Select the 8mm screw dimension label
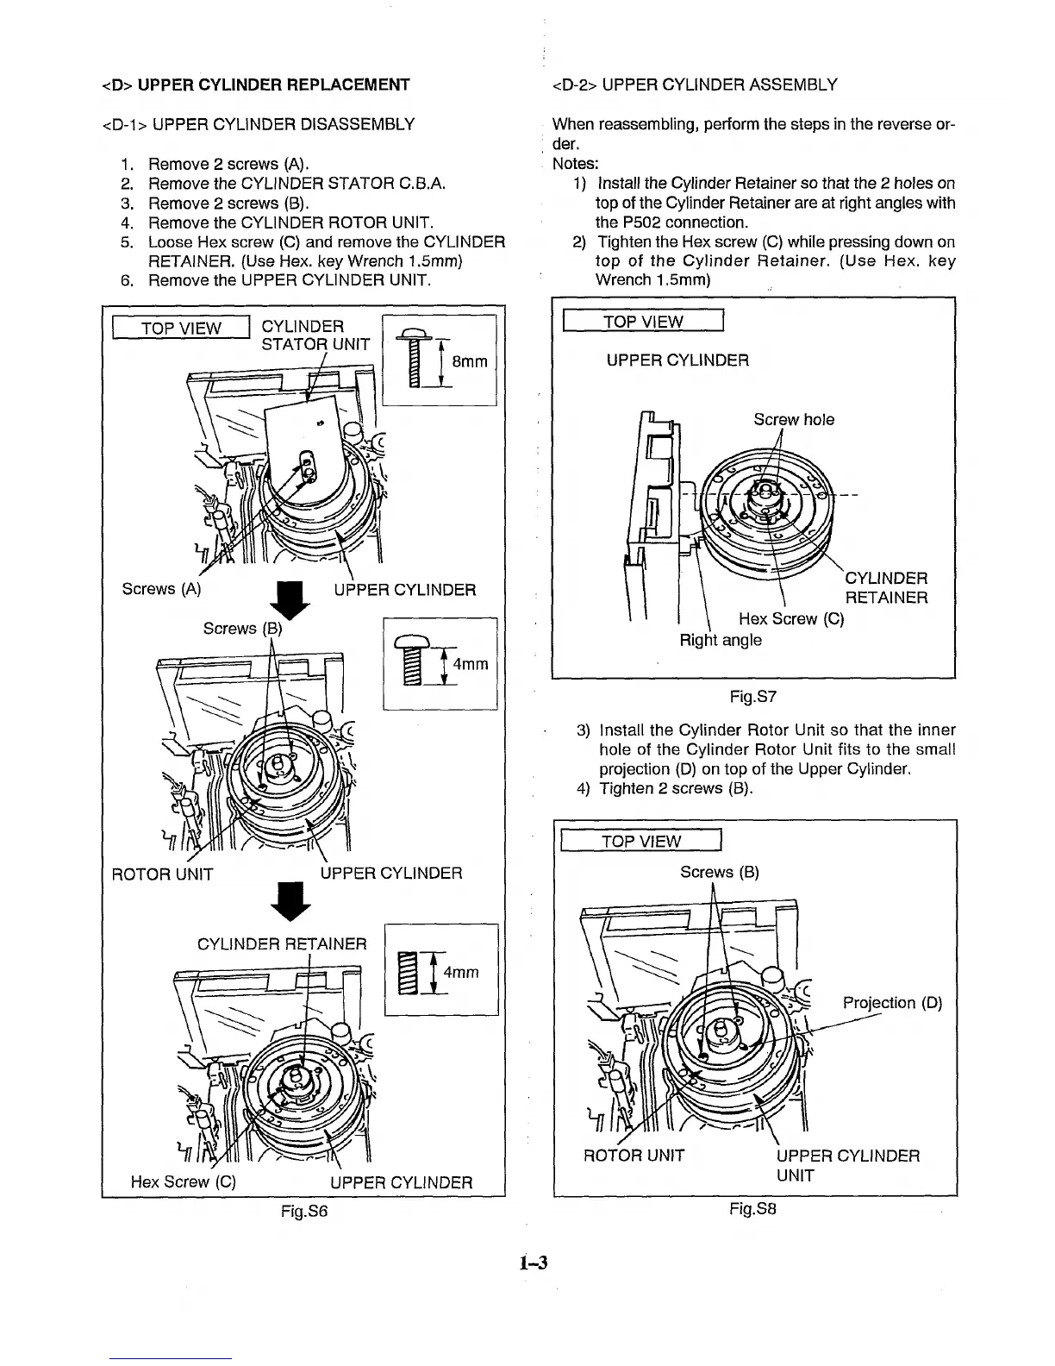470,362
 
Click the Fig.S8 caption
752,1209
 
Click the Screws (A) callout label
162,589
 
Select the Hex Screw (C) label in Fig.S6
183,1181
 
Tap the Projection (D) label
892,1003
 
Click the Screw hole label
793,419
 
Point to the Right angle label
721,640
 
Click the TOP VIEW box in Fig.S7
642,322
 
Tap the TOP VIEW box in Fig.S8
640,841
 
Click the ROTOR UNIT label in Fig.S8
634,1156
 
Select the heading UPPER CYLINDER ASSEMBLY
694,85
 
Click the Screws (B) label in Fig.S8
719,872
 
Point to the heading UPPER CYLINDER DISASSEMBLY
258,124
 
